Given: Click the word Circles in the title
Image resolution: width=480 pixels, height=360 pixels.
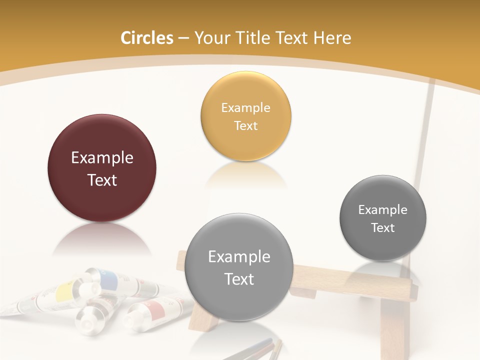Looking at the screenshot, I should click(x=146, y=38).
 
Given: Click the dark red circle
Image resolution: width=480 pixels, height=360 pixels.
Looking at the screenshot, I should click(x=102, y=168).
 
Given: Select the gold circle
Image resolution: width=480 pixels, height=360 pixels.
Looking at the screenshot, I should click(x=245, y=116).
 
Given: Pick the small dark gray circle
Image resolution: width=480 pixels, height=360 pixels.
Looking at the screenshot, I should click(x=383, y=218).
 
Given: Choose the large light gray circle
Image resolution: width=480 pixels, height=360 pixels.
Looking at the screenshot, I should click(x=238, y=267).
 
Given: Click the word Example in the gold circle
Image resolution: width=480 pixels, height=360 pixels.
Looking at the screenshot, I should click(x=245, y=107).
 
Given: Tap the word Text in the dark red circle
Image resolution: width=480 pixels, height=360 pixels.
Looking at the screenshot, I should click(x=102, y=180).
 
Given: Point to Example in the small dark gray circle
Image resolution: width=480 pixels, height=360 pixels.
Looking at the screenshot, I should click(x=382, y=209).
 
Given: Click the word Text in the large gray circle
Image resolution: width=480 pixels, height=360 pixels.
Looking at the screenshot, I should click(x=239, y=279).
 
